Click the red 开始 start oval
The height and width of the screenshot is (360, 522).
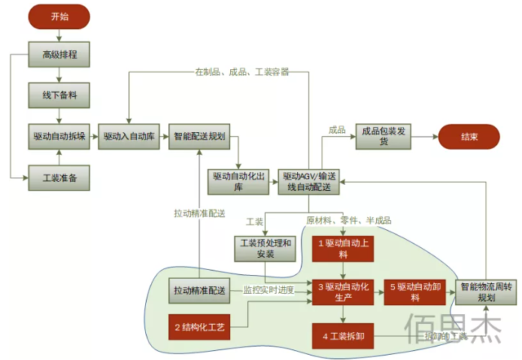pos(59,16)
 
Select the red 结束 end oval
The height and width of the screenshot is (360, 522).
pos(469,137)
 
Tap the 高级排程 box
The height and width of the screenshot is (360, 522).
pos(59,54)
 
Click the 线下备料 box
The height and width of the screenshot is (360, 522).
pos(59,95)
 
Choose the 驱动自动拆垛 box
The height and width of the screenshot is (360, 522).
pos(59,137)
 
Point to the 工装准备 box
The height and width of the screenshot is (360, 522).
pos(59,179)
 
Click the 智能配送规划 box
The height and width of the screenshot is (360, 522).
pos(199,137)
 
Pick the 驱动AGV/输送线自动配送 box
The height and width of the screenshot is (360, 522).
pos(308,181)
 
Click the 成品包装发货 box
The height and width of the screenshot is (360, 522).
pos(384,137)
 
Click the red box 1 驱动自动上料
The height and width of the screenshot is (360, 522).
pos(343,248)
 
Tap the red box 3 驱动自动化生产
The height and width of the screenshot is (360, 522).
pos(343,291)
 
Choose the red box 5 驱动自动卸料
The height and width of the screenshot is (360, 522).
pos(414,291)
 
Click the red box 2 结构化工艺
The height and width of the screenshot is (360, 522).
pos(199,327)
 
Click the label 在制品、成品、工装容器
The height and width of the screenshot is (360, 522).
pos(241,72)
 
